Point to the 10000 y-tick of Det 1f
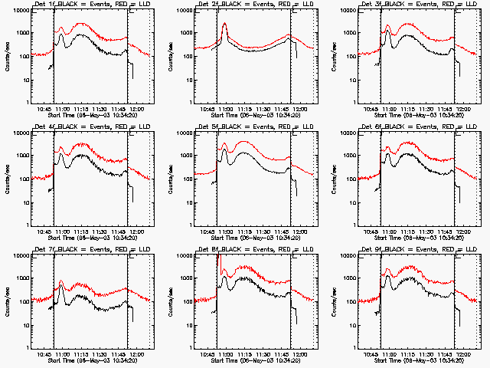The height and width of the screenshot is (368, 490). point(18,11)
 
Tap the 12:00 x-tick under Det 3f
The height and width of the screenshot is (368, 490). point(463,110)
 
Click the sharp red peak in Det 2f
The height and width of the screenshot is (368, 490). point(224,24)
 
